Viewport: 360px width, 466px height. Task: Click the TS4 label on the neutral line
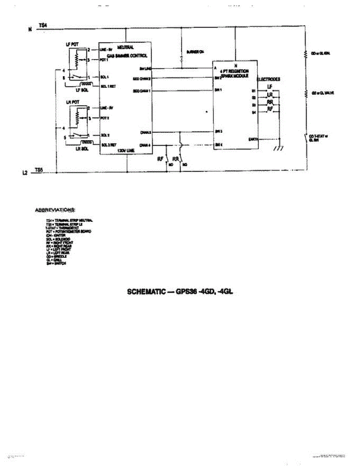(x=43, y=26)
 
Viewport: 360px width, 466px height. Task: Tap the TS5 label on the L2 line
(x=38, y=169)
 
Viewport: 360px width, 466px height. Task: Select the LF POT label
(x=72, y=45)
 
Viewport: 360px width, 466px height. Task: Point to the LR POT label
(x=72, y=101)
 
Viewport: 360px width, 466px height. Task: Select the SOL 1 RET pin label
(x=107, y=86)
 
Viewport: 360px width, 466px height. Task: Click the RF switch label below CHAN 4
(x=160, y=159)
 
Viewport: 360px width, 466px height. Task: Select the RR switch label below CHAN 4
(x=176, y=159)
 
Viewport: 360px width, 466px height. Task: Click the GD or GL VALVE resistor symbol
(x=306, y=93)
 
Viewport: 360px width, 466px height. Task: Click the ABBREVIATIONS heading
(x=55, y=210)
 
